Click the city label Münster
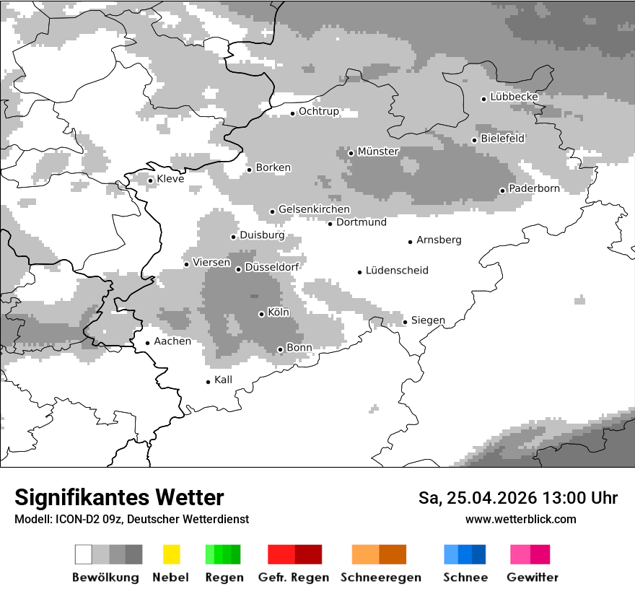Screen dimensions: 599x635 point(377,152)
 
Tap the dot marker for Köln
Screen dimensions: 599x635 point(261,314)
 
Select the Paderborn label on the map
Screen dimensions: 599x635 point(534,189)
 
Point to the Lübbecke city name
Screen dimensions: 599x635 point(514,97)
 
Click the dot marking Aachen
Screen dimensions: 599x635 point(147,343)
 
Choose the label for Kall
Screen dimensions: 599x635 point(223,380)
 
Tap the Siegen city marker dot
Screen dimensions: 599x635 point(405,322)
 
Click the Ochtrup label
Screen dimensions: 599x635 point(318,112)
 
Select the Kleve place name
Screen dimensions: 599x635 point(170,179)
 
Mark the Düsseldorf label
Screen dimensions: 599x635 point(271,268)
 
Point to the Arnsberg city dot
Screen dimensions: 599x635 point(410,242)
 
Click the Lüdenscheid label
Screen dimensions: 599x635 point(397,271)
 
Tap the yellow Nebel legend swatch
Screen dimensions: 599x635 point(171,554)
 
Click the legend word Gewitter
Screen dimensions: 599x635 point(532,577)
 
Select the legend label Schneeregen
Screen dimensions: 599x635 point(380,577)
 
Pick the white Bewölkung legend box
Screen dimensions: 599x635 point(83,554)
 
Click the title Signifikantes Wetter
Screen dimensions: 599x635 point(119,498)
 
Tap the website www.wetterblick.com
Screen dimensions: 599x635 point(520,520)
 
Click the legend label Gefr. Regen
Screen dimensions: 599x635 point(293,577)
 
